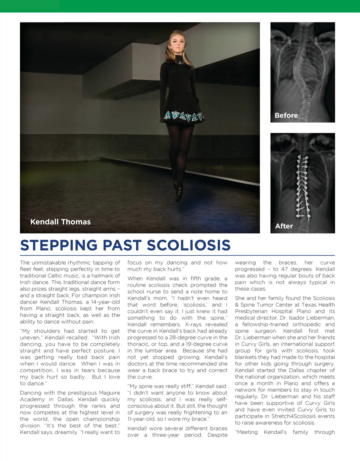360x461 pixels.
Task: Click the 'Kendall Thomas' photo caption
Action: pos(60,222)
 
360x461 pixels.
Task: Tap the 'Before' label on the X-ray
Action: pos(286,115)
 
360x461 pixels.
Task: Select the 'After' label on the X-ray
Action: pos(284,226)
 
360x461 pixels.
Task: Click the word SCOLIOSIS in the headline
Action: pos(189,245)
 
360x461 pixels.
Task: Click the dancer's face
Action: pos(177,44)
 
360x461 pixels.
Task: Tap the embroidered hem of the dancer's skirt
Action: pos(184,116)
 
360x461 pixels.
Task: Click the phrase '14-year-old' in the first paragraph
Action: pos(105,302)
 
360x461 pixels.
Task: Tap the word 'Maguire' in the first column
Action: pos(109,392)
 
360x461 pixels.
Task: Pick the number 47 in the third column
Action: pos(284,269)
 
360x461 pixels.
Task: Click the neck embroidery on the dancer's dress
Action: pos(180,63)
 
